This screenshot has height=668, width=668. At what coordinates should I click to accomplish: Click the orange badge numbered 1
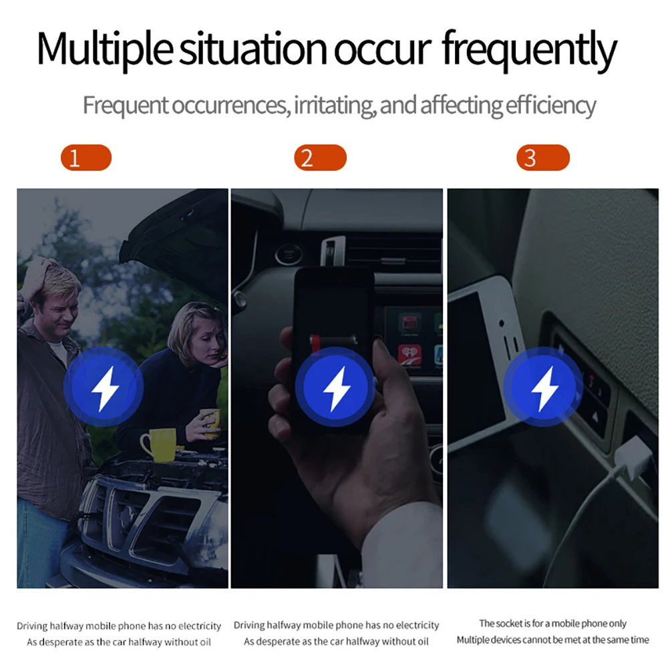tap(86, 158)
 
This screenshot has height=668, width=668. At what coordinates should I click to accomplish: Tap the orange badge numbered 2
tap(321, 158)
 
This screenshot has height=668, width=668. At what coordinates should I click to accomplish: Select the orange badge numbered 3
tap(542, 158)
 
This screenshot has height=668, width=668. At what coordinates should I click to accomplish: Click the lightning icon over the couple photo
tap(104, 387)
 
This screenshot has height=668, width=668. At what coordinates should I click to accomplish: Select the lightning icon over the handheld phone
tap(335, 387)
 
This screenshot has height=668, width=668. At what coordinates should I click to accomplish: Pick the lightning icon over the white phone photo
tap(543, 387)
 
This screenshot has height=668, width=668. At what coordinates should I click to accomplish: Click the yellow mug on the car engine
tap(158, 444)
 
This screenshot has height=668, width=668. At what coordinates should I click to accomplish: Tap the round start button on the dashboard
tap(289, 255)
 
